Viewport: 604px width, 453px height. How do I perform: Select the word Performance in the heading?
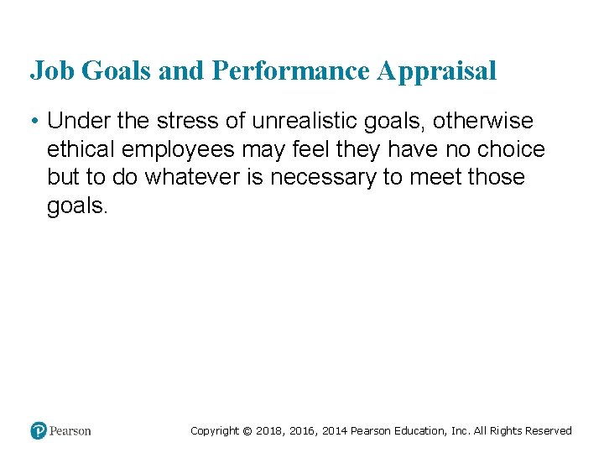[x=291, y=71]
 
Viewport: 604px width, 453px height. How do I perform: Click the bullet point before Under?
[x=31, y=122]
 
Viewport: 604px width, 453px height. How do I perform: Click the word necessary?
[x=324, y=178]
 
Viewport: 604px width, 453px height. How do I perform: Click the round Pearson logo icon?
[x=39, y=430]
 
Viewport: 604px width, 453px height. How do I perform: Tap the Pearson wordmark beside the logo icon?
[x=70, y=431]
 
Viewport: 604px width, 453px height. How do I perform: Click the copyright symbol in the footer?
[x=247, y=431]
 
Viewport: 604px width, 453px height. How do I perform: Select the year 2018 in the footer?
[x=270, y=431]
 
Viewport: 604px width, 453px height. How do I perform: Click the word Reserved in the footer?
[x=549, y=431]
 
